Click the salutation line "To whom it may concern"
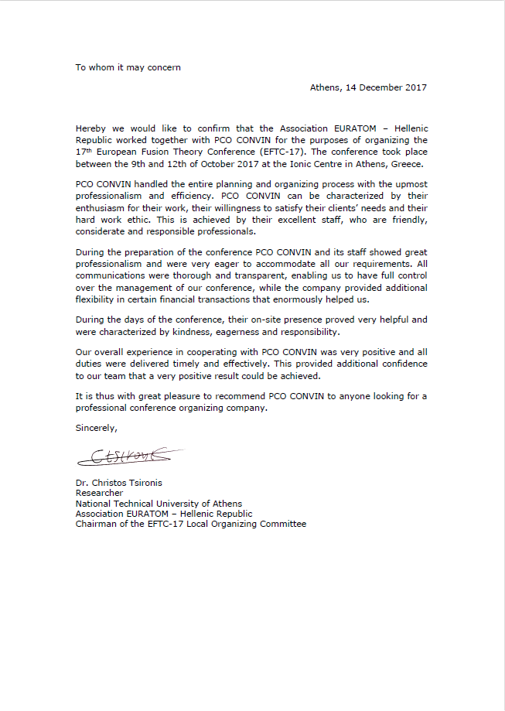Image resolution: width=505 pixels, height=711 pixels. [128, 67]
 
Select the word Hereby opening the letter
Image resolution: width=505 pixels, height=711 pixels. [91, 128]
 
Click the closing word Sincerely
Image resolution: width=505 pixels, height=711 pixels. [97, 427]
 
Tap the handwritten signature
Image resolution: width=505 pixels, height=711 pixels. [126, 457]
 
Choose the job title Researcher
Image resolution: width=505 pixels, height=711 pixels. [99, 494]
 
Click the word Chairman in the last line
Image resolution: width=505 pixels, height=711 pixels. [96, 524]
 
